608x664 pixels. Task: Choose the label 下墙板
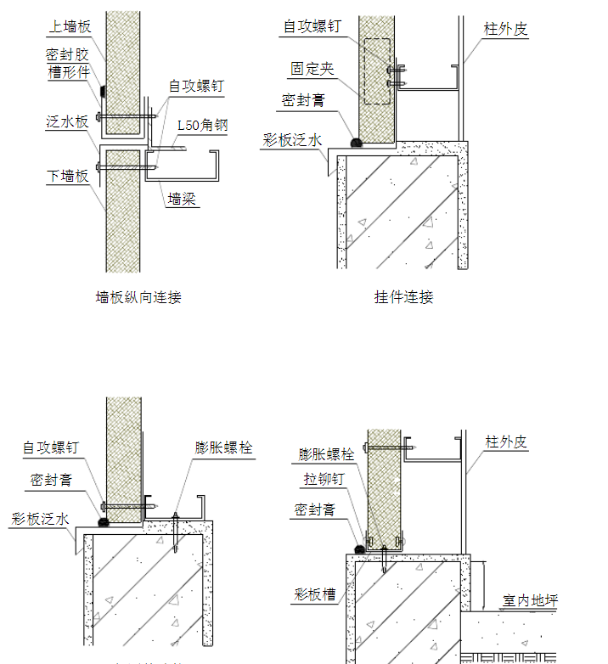(67, 177)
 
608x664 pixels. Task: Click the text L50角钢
(202, 126)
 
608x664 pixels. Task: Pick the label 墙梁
(182, 200)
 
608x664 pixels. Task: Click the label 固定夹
(312, 68)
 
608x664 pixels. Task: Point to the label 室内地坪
(530, 601)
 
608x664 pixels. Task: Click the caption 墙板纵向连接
(138, 297)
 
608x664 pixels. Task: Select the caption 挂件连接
(403, 297)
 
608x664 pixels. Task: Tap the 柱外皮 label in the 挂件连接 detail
(505, 29)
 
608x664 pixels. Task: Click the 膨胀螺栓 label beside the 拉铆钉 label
(326, 454)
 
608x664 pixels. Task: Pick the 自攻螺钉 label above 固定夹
(312, 26)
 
